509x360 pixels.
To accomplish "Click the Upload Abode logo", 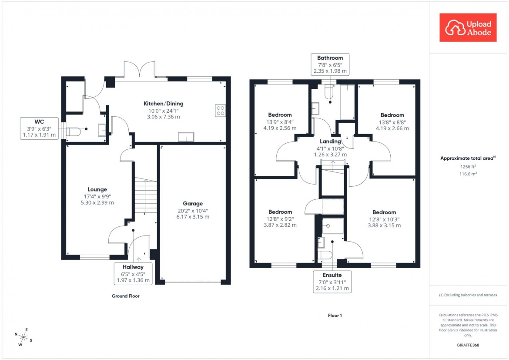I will pyautogui.click(x=468, y=27).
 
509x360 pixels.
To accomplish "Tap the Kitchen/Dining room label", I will pyautogui.click(x=164, y=104).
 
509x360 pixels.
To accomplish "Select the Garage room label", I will pyautogui.click(x=193, y=203).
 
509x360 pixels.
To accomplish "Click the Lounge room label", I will pyautogui.click(x=97, y=189).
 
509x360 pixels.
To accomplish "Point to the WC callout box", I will pyautogui.click(x=40, y=128).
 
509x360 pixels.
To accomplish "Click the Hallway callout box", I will pyautogui.click(x=133, y=273).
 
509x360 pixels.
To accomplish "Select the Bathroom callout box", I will pyautogui.click(x=330, y=64).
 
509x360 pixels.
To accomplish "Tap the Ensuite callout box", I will pyautogui.click(x=332, y=282).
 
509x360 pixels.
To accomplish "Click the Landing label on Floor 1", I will pyautogui.click(x=330, y=141).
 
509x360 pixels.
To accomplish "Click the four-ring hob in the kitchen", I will pyautogui.click(x=220, y=111).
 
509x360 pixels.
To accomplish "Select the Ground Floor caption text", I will pyautogui.click(x=125, y=296).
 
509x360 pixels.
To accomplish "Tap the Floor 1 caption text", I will pyautogui.click(x=335, y=316).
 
